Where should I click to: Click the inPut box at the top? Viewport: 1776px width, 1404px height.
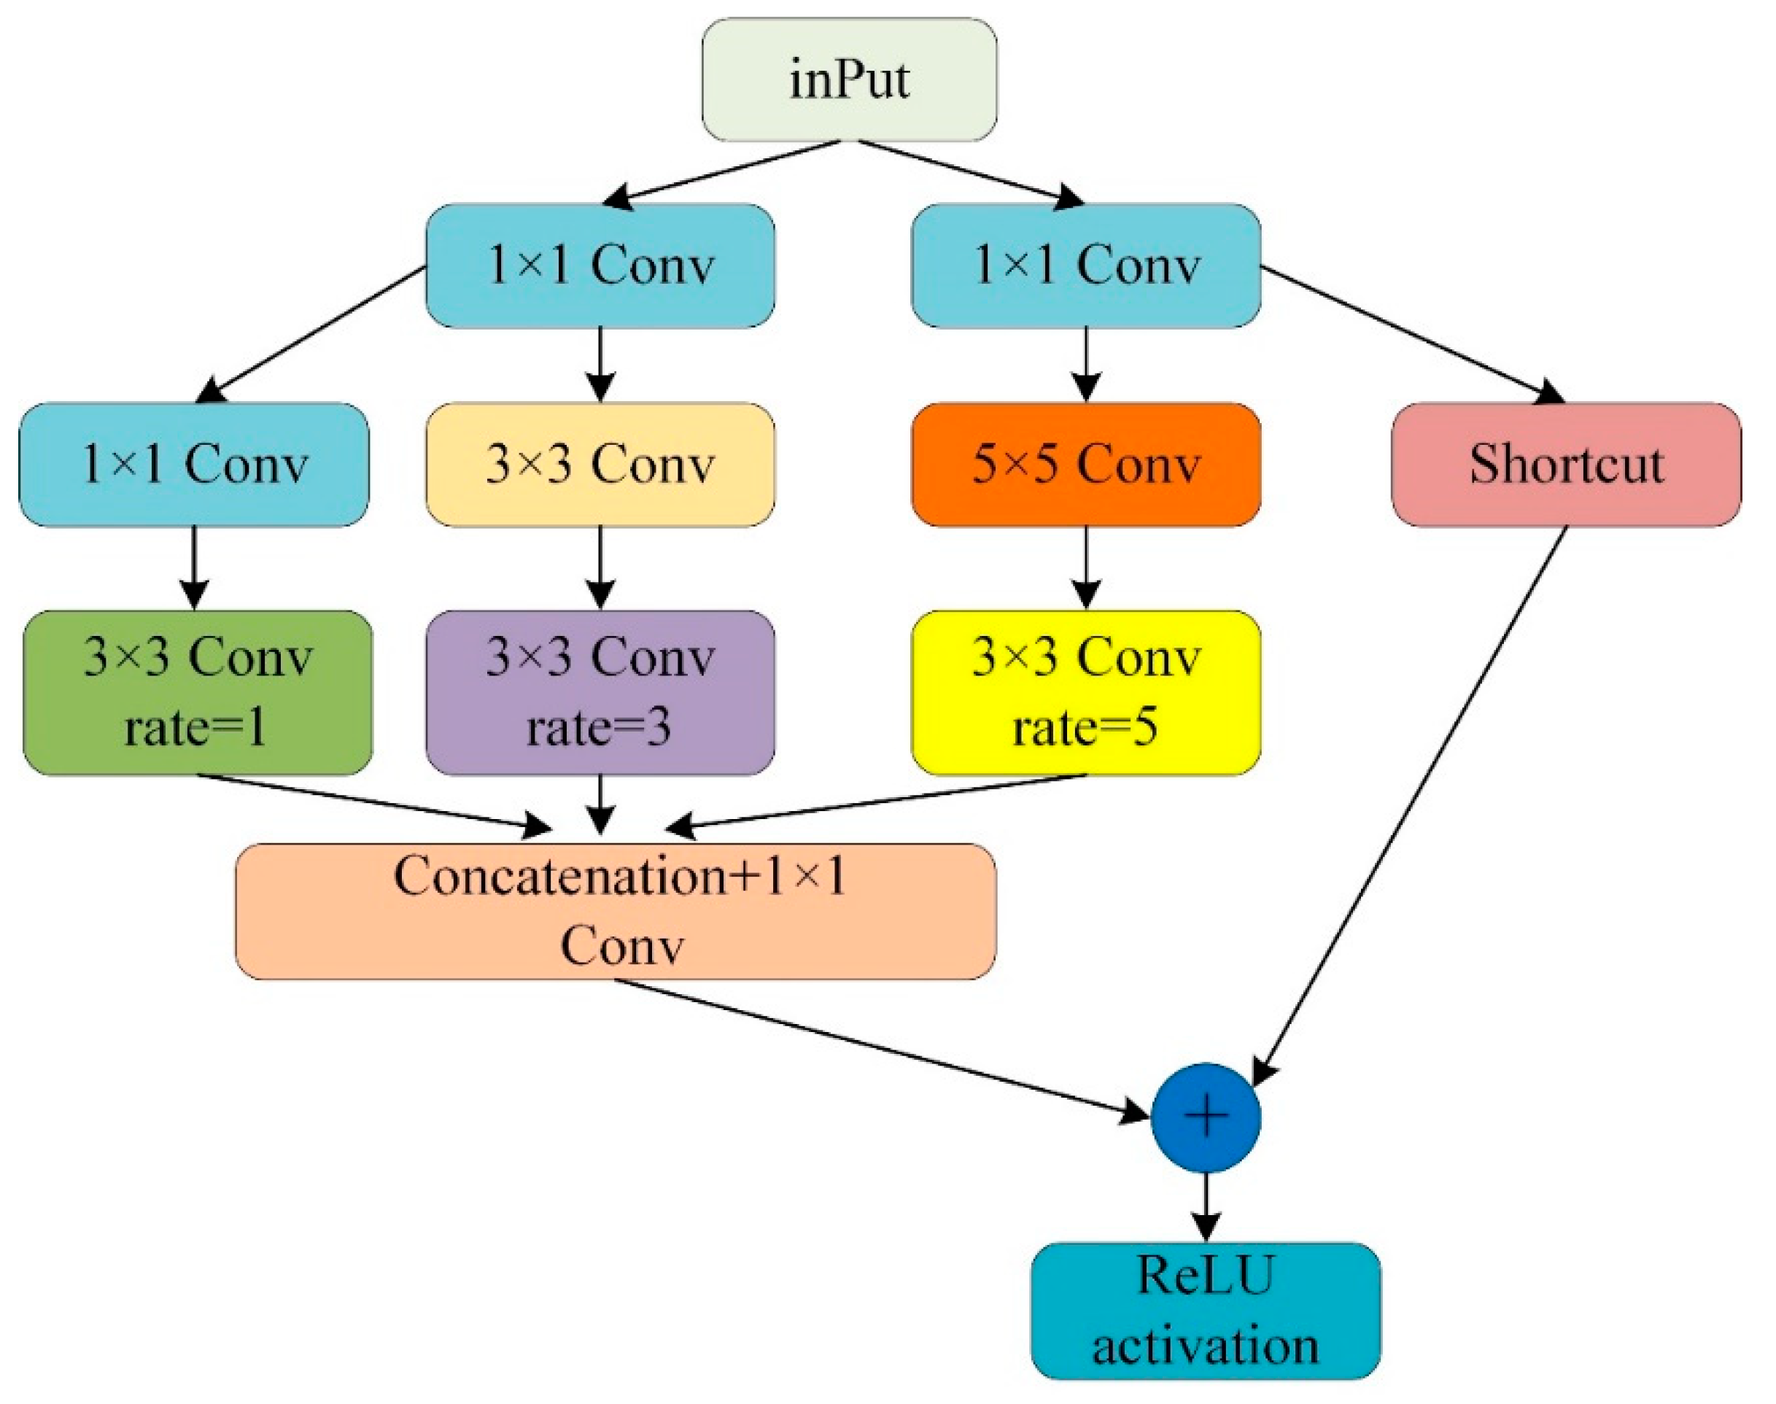[849, 79]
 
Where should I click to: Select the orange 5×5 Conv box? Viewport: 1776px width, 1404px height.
[1085, 465]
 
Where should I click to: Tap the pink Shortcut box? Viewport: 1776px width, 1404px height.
[1566, 465]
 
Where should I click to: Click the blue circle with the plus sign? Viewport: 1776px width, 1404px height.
[1205, 1117]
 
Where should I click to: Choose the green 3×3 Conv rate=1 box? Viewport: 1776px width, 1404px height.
[197, 692]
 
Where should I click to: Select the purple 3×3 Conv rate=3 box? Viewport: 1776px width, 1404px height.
[600, 692]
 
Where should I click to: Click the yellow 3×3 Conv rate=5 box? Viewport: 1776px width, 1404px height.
[1085, 692]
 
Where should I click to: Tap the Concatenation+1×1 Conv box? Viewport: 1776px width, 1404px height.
[616, 911]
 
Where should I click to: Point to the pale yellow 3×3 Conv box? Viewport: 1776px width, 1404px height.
[600, 465]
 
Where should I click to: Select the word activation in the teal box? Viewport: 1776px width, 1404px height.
[1205, 1346]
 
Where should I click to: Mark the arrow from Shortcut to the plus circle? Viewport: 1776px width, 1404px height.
[1409, 806]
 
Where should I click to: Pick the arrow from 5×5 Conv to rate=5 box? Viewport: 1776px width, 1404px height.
[1085, 567]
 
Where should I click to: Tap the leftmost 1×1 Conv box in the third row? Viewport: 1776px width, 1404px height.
[194, 465]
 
